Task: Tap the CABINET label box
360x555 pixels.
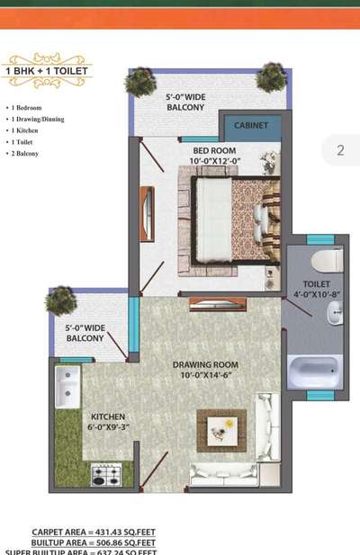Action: [x=252, y=126]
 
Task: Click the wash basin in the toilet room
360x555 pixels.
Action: [x=333, y=312]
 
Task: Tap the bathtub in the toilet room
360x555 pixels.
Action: [x=315, y=370]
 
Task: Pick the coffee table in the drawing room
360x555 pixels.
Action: [x=220, y=430]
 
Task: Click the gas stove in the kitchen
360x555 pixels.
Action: [x=106, y=475]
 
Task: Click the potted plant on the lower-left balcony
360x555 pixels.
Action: [x=61, y=300]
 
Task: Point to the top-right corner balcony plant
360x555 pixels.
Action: [x=270, y=78]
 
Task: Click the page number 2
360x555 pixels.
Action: [x=340, y=150]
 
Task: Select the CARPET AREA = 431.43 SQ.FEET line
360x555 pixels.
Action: [x=94, y=532]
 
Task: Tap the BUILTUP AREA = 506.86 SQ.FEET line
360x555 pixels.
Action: [x=94, y=542]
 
